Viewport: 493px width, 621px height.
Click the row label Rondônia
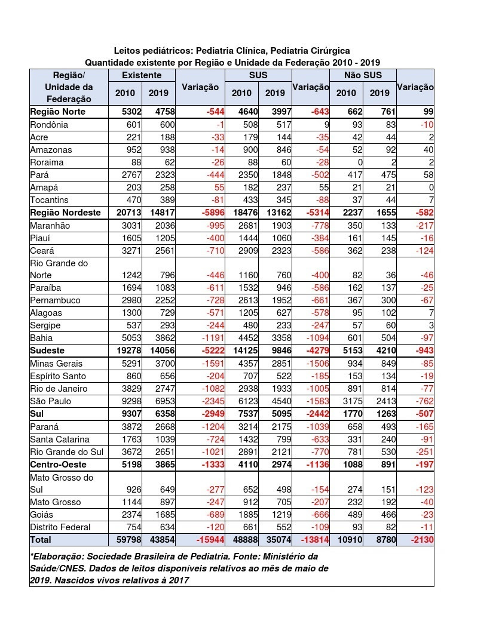[x=49, y=125]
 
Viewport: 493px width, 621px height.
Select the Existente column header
[x=141, y=75]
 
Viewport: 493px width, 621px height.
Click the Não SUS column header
[x=363, y=75]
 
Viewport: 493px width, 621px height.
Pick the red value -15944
[x=207, y=539]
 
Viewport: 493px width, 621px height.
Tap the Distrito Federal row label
[x=60, y=527]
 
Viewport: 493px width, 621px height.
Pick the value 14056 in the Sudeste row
[x=158, y=351]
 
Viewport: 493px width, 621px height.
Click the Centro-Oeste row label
[x=58, y=464]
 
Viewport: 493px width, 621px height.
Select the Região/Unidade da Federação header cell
[x=69, y=87]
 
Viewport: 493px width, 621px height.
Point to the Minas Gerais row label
[x=56, y=363]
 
